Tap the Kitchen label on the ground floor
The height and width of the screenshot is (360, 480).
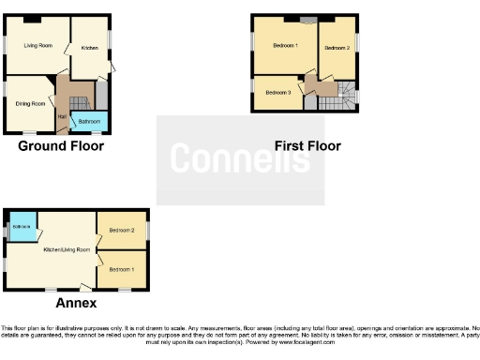(x=90, y=48)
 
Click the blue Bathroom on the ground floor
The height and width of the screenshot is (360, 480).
(x=89, y=122)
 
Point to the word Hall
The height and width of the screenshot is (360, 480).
(x=62, y=116)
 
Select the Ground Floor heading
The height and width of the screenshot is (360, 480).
(x=61, y=146)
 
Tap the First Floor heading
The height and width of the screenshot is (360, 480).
(x=307, y=146)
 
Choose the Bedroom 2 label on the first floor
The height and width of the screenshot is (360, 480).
(x=337, y=48)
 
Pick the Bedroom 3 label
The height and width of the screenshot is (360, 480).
(x=278, y=93)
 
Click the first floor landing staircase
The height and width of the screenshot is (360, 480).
(x=346, y=95)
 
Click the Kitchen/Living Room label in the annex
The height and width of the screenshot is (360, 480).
(x=67, y=250)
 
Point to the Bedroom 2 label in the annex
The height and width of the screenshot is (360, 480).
(x=122, y=231)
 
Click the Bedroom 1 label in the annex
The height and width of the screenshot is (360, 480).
(x=122, y=269)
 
